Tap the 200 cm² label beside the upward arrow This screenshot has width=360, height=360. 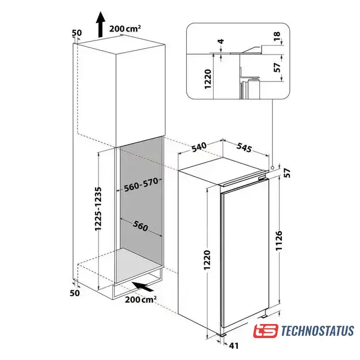125,29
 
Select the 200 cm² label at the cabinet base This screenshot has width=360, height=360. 141,299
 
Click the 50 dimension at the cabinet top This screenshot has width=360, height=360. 76,33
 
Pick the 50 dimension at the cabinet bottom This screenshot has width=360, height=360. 75,293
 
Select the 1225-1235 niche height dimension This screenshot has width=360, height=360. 98,209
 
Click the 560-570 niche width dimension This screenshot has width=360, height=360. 141,184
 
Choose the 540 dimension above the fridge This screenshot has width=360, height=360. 199,147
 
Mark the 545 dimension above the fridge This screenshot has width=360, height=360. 244,147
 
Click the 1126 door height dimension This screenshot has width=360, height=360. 279,240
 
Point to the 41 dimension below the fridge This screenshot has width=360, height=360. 233,345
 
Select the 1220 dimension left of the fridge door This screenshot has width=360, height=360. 207,260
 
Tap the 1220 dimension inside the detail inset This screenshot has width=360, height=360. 208,79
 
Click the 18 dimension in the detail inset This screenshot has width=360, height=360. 277,37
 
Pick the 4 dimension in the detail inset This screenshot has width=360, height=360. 221,42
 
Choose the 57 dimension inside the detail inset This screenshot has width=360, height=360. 277,67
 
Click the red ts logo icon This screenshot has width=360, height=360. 265,331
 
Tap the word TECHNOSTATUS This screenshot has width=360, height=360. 317,331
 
